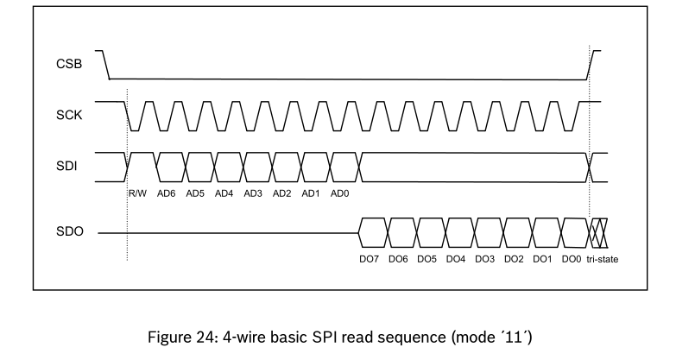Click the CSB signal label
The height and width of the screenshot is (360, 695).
pyautogui.click(x=68, y=64)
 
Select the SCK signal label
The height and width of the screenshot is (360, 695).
pyautogui.click(x=68, y=115)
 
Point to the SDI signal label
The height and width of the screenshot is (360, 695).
pyautogui.click(x=67, y=167)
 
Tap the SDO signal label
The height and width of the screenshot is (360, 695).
pyautogui.click(x=68, y=233)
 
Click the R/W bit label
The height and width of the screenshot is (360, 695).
pyautogui.click(x=139, y=193)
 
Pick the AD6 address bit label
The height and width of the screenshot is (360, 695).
pyautogui.click(x=167, y=193)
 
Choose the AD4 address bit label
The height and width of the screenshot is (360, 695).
pyautogui.click(x=224, y=193)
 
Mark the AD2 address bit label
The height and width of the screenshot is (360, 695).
pyautogui.click(x=282, y=193)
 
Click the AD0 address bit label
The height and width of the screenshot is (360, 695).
pyautogui.click(x=340, y=193)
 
